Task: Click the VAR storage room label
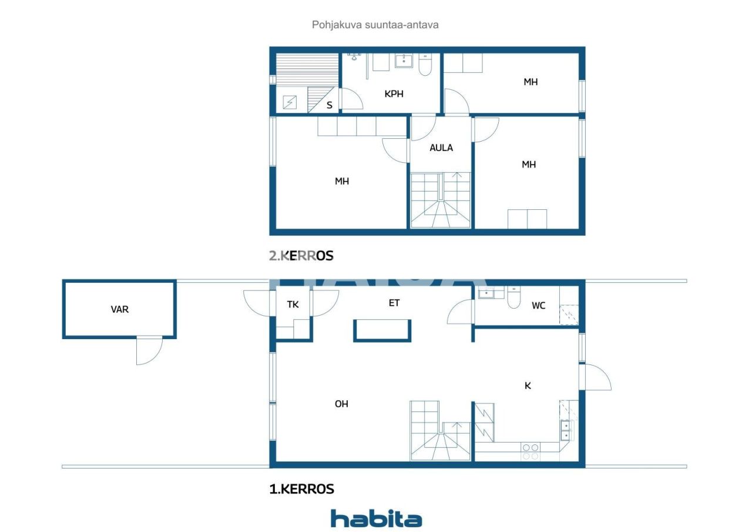click(119, 309)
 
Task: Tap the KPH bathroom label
click(394, 93)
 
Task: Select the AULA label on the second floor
click(441, 148)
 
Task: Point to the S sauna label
click(330, 105)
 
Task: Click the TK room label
click(293, 305)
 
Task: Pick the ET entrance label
click(394, 303)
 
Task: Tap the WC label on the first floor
click(539, 306)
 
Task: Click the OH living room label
click(341, 404)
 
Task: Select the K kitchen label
click(528, 386)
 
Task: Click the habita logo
click(377, 518)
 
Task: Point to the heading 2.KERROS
click(301, 256)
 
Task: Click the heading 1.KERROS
click(301, 489)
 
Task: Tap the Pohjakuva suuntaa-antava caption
click(375, 25)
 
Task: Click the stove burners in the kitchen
click(531, 451)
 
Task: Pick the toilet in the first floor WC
click(513, 297)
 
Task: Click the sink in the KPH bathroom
click(404, 61)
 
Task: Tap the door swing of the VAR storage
click(149, 350)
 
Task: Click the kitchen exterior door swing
click(597, 377)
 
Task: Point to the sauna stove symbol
click(290, 102)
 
